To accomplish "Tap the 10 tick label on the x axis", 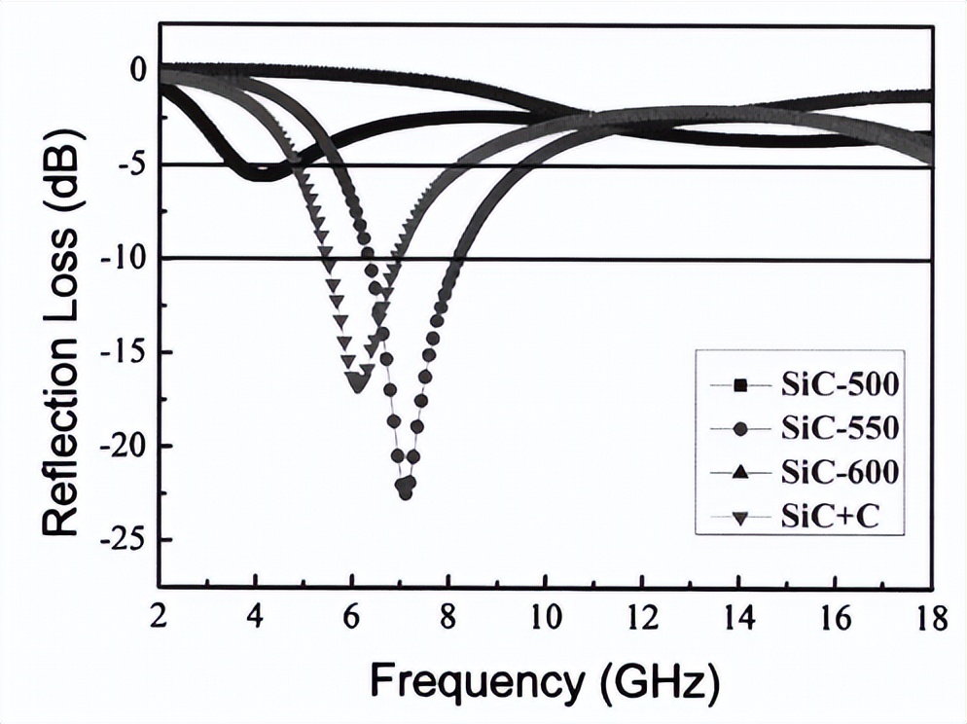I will click(x=545, y=618).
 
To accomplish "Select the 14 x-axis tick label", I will click(x=738, y=618).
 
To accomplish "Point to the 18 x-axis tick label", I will click(x=930, y=618).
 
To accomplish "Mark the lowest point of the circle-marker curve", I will click(x=405, y=493).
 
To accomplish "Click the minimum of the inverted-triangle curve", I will click(x=357, y=384).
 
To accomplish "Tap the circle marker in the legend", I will click(x=741, y=429).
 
